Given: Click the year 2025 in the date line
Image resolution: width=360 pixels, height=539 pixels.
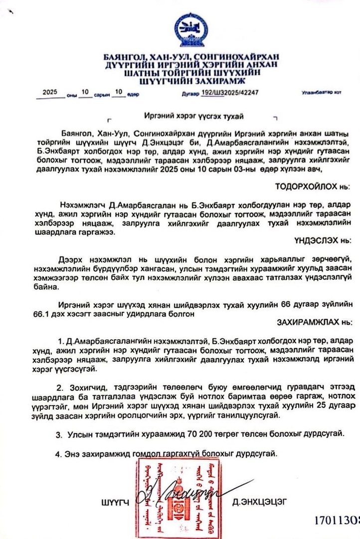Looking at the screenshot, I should [x=50, y=92].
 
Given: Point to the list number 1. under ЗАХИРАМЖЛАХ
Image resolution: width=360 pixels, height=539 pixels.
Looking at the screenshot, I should [x=60, y=341].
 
